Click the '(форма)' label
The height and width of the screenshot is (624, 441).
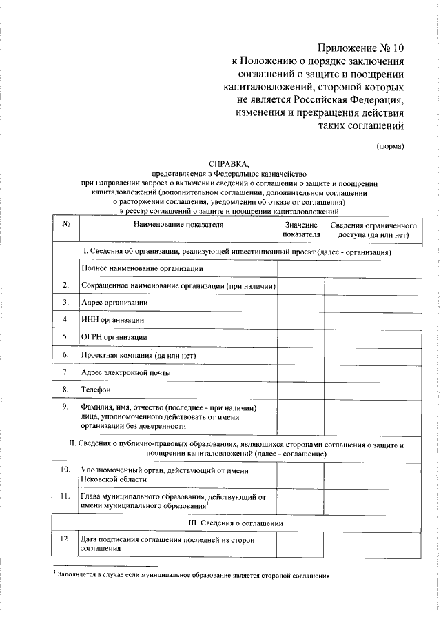pyautogui.click(x=390, y=145)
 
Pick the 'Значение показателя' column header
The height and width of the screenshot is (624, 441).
pyautogui.click(x=300, y=230)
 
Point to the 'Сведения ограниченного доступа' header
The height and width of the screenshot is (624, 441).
pyautogui.click(x=373, y=230)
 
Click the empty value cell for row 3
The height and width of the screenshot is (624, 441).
pyautogui.click(x=300, y=302)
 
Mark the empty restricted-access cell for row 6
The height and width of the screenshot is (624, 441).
pyautogui.click(x=373, y=354)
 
